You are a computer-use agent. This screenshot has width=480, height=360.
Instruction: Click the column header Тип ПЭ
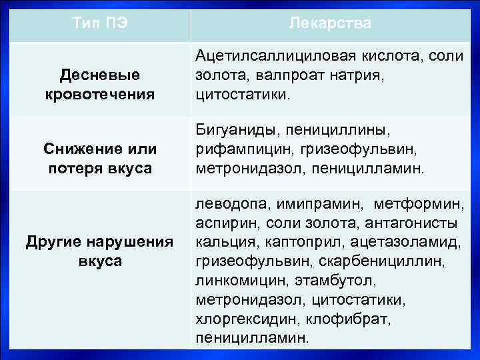(100, 24)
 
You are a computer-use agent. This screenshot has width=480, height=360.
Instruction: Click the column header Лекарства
(331, 24)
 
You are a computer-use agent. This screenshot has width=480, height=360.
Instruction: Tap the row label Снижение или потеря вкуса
(100, 159)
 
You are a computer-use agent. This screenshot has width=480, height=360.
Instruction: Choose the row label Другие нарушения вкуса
(100, 251)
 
